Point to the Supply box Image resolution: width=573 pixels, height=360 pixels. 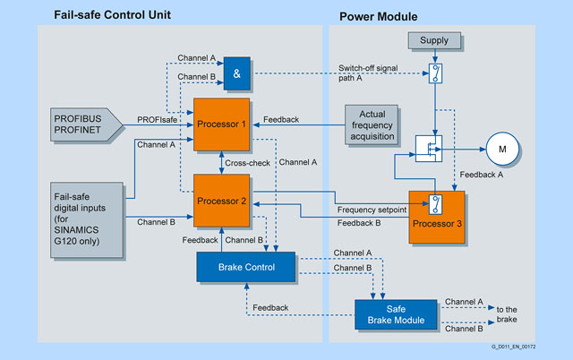click(x=433, y=40)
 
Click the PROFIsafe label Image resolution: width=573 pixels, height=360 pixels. click(x=158, y=119)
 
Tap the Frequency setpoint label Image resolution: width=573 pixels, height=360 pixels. click(x=372, y=208)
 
